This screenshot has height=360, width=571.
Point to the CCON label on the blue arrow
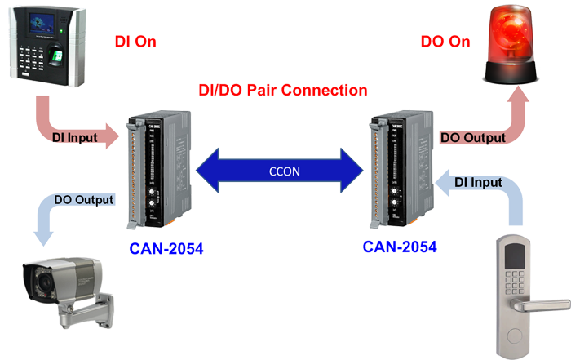[x=285, y=171]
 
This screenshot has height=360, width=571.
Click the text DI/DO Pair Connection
[x=284, y=91]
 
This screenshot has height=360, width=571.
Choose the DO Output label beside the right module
[x=473, y=138]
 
